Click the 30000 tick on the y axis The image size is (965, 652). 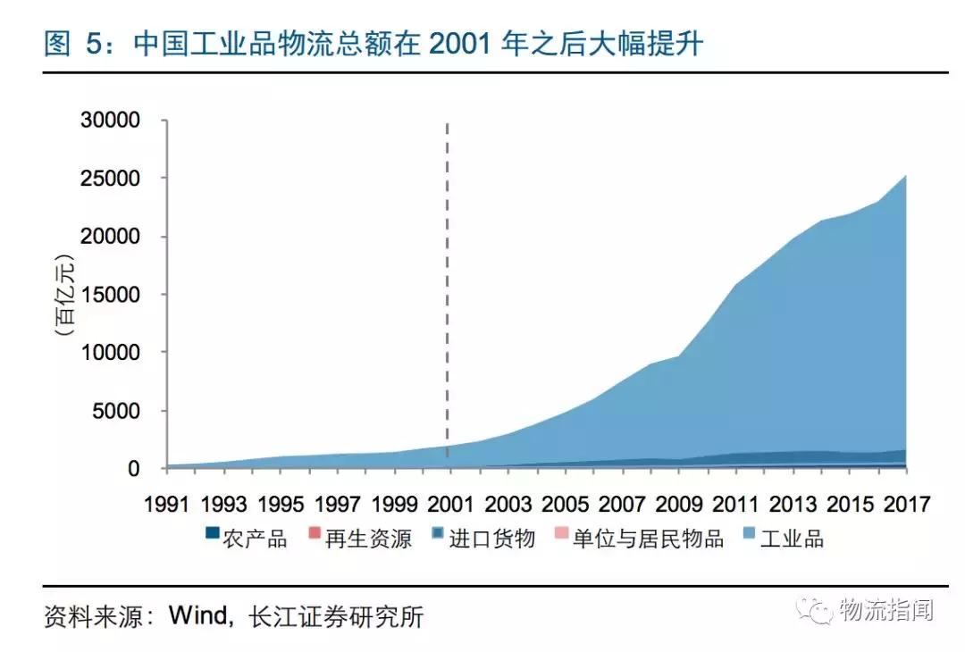(113, 121)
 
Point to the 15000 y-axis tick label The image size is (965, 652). (113, 295)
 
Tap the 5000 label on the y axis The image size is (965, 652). (119, 411)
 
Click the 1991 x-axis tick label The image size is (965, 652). (167, 505)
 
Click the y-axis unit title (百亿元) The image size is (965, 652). (64, 296)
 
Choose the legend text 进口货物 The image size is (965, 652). (491, 539)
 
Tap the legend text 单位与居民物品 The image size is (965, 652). (648, 539)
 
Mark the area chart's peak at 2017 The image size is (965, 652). (905, 176)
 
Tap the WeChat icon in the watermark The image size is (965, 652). (818, 611)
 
